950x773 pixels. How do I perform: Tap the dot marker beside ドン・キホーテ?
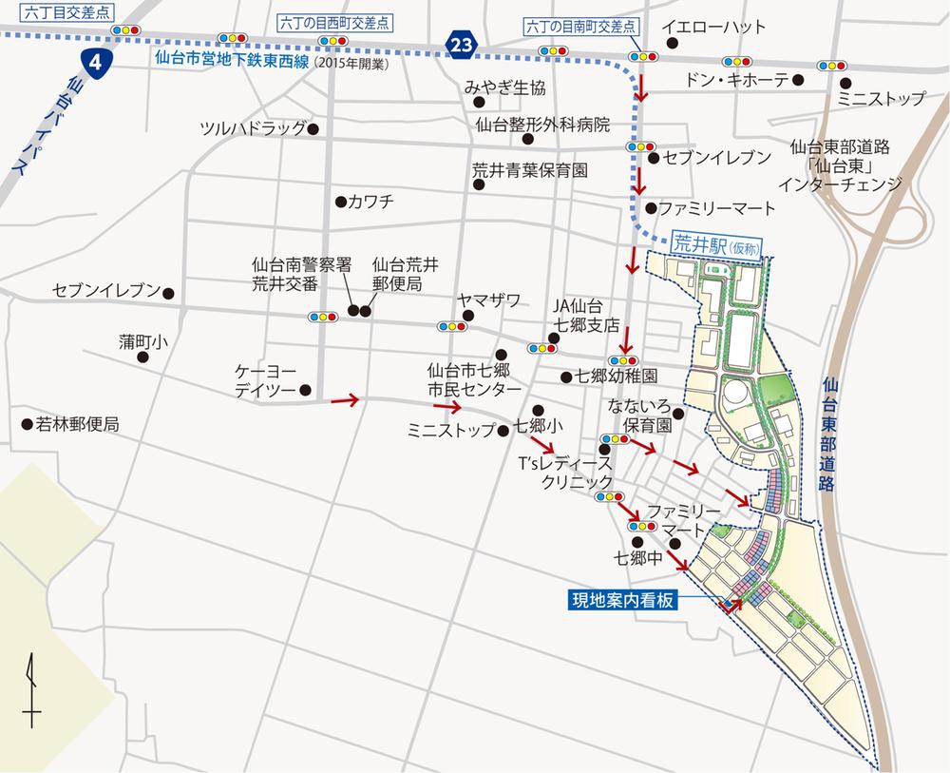pos(798,80)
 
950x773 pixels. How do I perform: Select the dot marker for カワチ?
pos(340,202)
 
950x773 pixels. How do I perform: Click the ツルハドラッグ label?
pos(252,128)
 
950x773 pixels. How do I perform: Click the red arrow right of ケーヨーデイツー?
pos(345,401)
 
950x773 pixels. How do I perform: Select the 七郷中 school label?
pos(638,559)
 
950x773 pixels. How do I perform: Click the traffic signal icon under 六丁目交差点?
pos(123,30)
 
